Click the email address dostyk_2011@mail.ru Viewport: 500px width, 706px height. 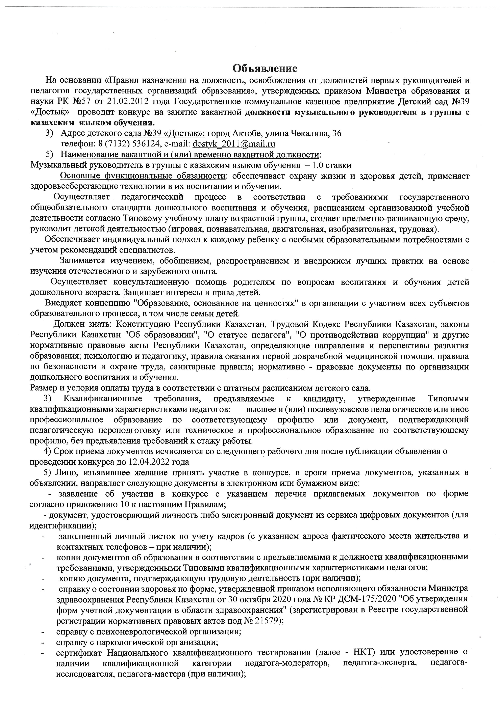click(x=234, y=144)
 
